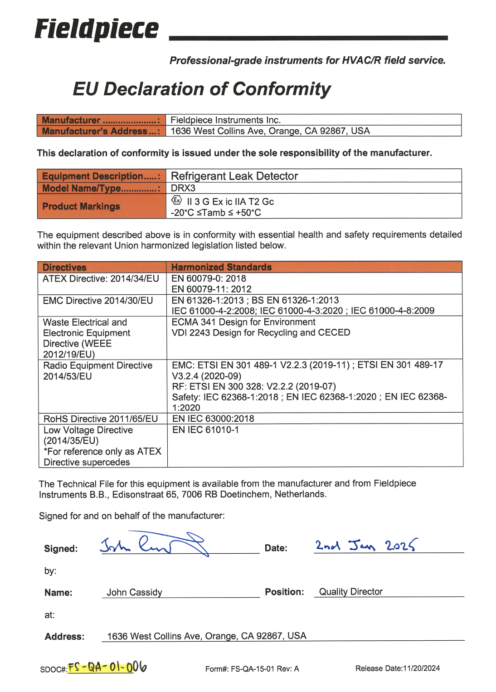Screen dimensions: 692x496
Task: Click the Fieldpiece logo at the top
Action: (x=97, y=29)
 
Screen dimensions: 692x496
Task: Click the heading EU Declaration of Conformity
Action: (x=202, y=89)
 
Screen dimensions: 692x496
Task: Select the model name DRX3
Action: (x=183, y=188)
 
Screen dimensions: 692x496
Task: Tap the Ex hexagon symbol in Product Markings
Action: (x=176, y=200)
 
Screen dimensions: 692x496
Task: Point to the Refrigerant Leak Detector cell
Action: (x=234, y=176)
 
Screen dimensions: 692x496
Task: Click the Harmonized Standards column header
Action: (x=221, y=267)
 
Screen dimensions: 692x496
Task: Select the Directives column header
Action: (x=64, y=268)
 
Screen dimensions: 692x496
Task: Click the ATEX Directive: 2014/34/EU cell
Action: (x=101, y=278)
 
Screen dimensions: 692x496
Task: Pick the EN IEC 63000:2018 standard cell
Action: (x=213, y=419)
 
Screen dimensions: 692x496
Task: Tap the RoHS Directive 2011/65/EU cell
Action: (x=101, y=419)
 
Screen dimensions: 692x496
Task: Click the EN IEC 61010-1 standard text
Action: (x=205, y=429)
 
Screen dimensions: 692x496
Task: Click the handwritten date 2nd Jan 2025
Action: (x=365, y=545)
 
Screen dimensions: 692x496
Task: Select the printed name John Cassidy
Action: (x=134, y=592)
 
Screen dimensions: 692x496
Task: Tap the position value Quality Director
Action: (x=350, y=592)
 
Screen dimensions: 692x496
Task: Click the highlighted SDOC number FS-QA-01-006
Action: (x=107, y=668)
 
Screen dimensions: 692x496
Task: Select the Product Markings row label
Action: (x=81, y=206)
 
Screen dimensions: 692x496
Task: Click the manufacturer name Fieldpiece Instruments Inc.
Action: (x=225, y=120)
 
